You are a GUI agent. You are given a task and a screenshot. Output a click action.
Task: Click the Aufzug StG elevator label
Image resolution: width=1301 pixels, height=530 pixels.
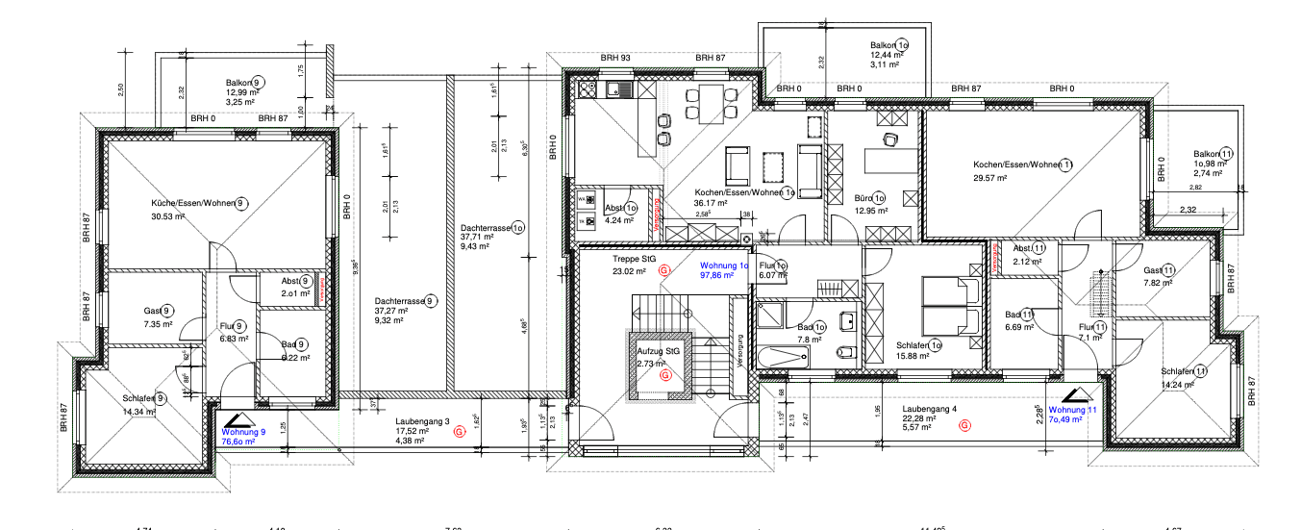tap(658, 352)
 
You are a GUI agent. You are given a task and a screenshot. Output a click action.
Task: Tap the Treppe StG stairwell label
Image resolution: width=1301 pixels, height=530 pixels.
tap(635, 259)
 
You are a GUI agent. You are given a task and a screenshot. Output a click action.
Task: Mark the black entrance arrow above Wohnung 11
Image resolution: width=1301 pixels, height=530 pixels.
tap(1075, 394)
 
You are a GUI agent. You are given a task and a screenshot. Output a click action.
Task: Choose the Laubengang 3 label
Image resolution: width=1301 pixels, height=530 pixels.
tap(421, 421)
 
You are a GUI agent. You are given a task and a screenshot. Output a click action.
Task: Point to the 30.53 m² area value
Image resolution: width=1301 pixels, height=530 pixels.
tap(167, 216)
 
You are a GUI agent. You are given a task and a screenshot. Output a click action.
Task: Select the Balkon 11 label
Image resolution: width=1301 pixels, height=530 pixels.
tap(1213, 154)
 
